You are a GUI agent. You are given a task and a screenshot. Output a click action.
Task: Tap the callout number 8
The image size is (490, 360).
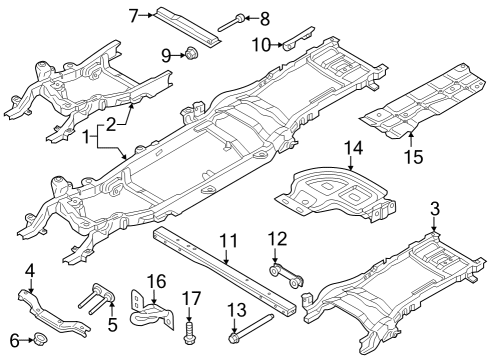click(264, 17)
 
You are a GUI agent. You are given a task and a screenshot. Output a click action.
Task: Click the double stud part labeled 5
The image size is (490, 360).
click(91, 302)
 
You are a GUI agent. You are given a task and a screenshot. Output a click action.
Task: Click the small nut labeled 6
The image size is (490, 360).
click(41, 342)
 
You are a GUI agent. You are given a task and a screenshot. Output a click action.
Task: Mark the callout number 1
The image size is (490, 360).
click(88, 134)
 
